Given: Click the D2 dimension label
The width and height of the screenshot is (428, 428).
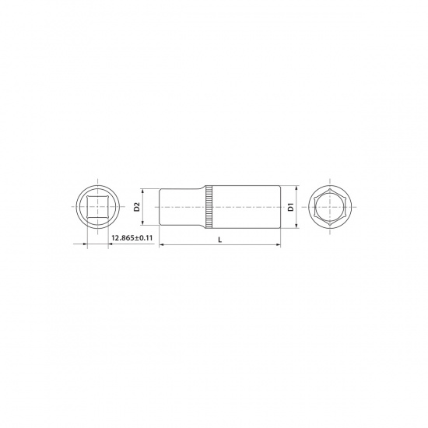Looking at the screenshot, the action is click(137, 207).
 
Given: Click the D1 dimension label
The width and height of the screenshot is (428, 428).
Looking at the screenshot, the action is click(290, 207).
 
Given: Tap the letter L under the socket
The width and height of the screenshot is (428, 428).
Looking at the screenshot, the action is click(220, 240).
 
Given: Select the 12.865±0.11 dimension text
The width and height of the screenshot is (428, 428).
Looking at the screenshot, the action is click(132, 238).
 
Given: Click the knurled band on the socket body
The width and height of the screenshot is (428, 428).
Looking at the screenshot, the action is click(209, 207).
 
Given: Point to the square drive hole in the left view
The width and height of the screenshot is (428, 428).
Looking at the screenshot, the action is click(97, 207).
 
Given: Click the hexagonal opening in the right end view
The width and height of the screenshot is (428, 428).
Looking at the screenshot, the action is click(330, 207).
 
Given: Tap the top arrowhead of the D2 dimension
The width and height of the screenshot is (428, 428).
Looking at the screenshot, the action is click(142, 191).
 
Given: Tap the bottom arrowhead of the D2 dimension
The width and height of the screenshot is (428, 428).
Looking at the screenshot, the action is click(142, 223).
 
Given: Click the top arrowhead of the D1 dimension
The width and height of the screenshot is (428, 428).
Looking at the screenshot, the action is click(296, 188).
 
